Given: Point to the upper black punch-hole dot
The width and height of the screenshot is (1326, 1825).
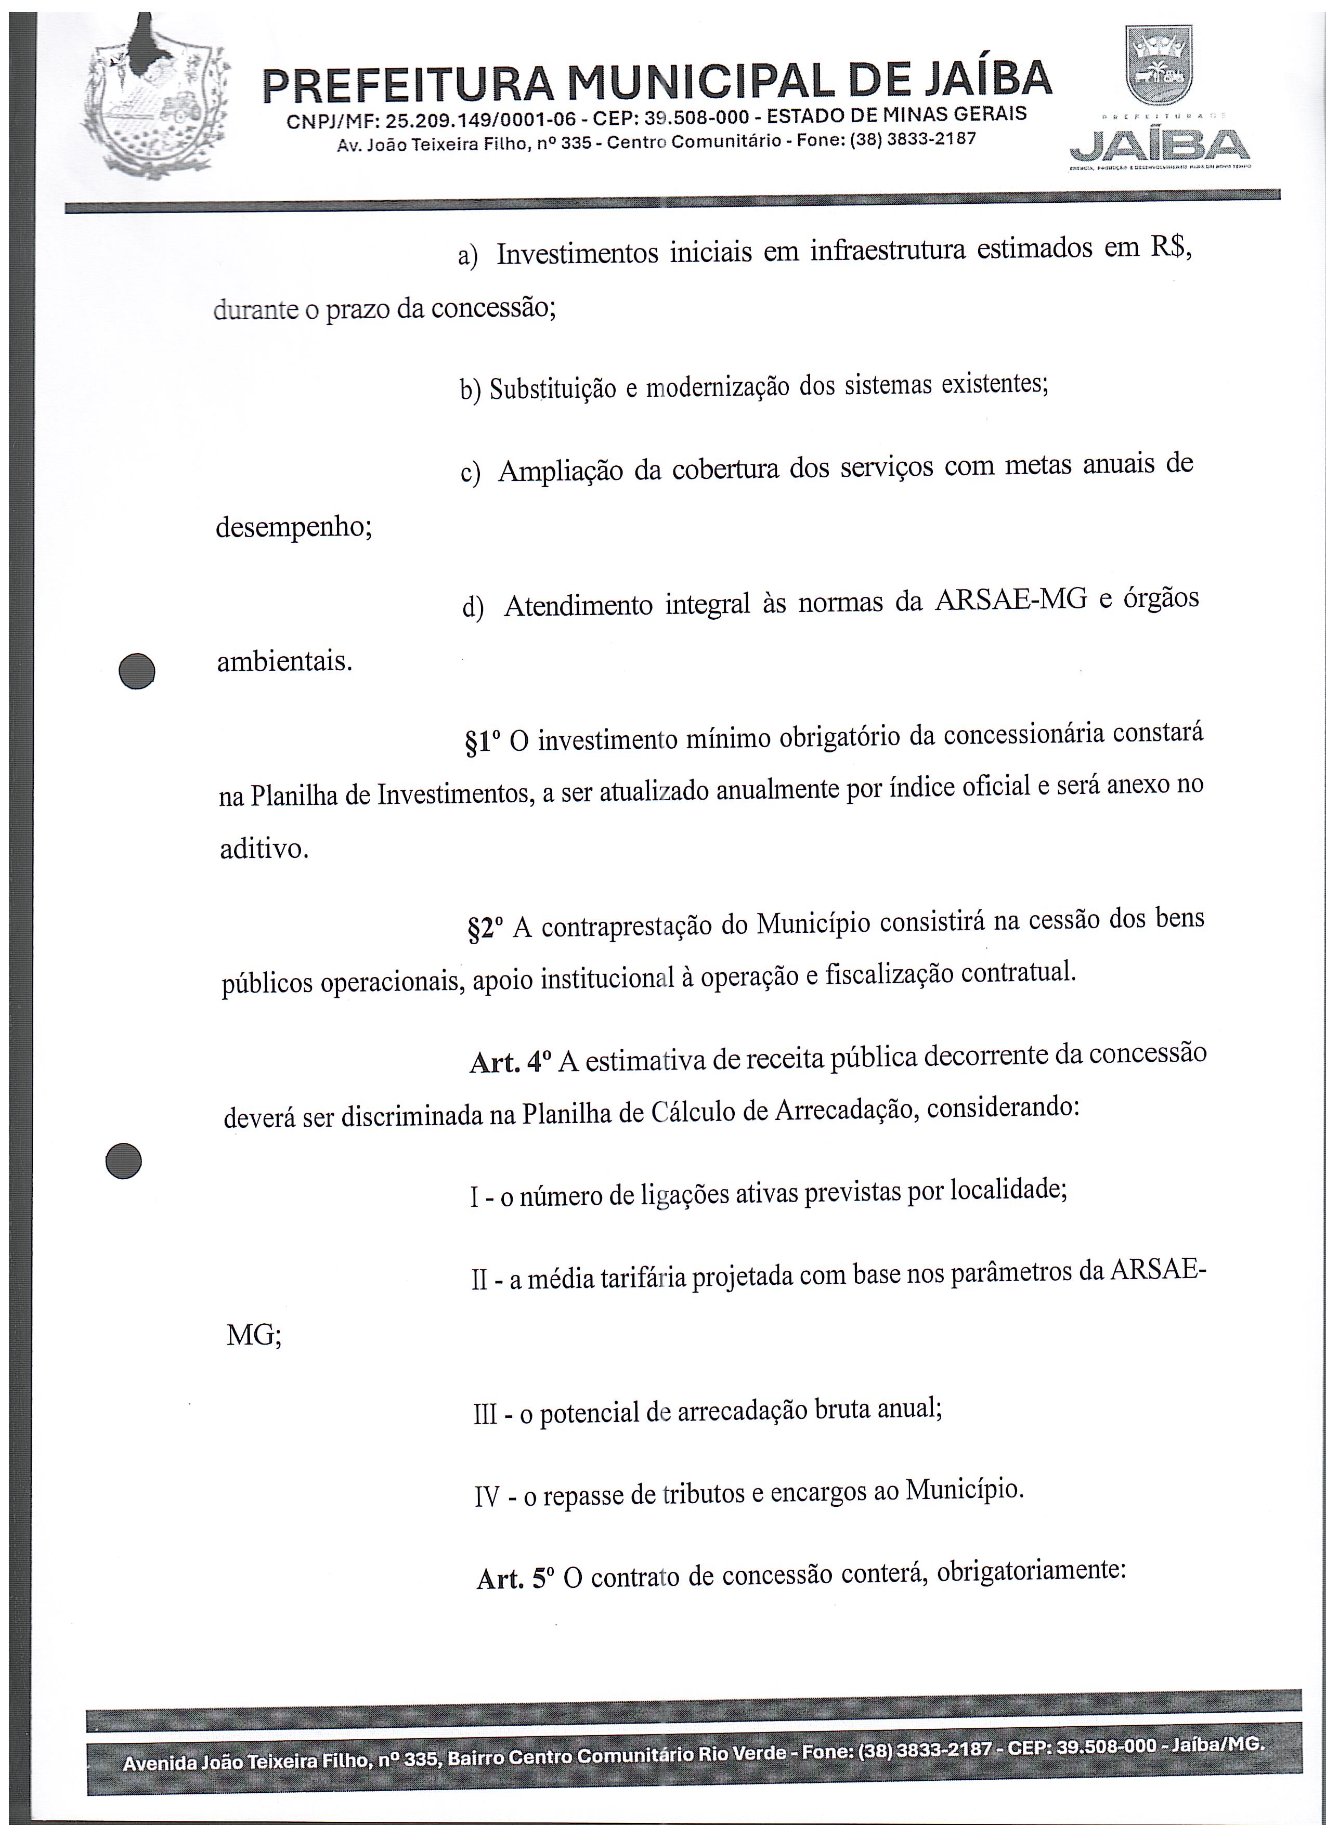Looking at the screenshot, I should coord(136,670).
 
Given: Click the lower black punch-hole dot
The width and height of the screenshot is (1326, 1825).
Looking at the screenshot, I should coord(124,1161).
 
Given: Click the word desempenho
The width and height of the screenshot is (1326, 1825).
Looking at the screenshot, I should coord(294,528).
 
